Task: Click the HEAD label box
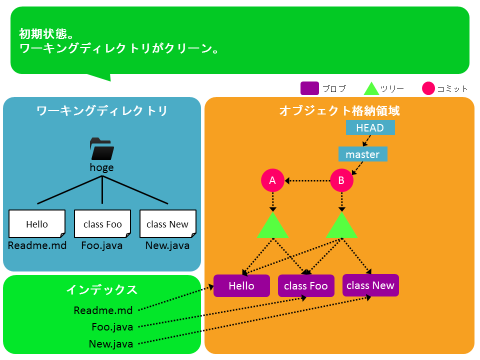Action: coord(370,127)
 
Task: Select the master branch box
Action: coord(363,154)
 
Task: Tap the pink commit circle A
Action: coord(272,180)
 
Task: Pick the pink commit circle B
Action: coord(341,180)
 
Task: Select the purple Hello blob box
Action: coord(241,285)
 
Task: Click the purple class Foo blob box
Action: coord(306,285)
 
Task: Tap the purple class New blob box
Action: coord(370,285)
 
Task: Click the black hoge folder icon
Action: coord(102,149)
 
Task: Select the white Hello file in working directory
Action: coord(37,224)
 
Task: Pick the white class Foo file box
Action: coord(102,224)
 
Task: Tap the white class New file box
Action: coord(168,224)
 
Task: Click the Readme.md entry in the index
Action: coord(103,310)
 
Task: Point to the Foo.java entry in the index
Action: coord(112,327)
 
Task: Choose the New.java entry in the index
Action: coord(111,344)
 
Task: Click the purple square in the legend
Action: coord(309,88)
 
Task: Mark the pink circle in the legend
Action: coord(428,88)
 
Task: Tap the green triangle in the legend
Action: coord(371,89)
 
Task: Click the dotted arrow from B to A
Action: coord(307,180)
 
